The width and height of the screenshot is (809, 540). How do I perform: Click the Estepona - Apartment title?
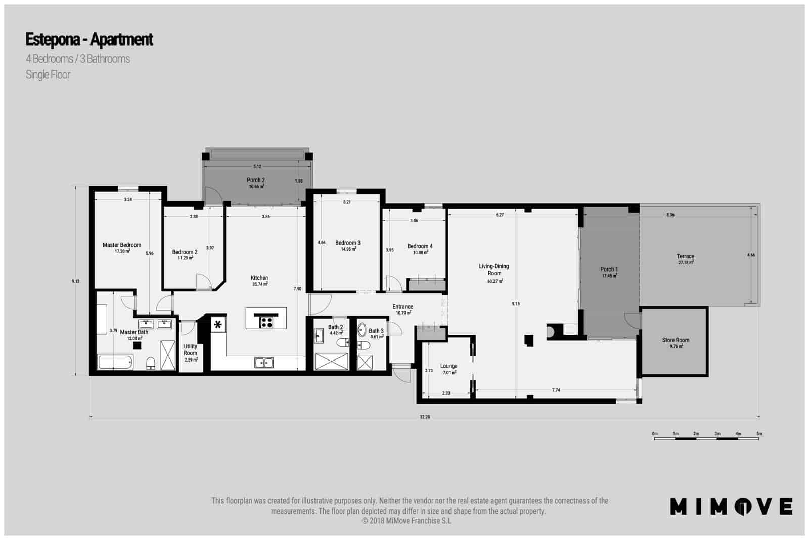point(89,39)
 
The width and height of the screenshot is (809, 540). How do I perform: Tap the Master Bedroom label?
point(122,245)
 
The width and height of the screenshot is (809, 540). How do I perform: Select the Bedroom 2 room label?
point(185,252)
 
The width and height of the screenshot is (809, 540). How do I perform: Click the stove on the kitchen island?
point(266,322)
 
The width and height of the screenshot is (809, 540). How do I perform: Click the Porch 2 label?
point(256,180)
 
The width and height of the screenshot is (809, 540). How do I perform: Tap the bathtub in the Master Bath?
point(115,362)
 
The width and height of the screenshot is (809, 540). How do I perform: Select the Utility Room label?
point(191,350)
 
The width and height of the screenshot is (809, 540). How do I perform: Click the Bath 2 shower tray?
point(332,362)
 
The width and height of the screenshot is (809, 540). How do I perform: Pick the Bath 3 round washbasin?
point(362,331)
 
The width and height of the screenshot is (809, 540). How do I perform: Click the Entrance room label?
point(403,307)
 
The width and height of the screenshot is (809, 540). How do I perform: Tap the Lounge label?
point(448,366)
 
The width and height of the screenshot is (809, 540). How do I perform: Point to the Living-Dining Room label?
point(494,270)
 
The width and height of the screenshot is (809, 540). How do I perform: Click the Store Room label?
point(676,340)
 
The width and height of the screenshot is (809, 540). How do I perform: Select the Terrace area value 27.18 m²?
point(686,263)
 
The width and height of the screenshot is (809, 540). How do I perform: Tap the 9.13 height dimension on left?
point(76,281)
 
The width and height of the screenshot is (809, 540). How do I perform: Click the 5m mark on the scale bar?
point(759,434)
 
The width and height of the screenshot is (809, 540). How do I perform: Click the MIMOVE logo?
point(731,506)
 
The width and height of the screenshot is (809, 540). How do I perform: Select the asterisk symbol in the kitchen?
point(218,325)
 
